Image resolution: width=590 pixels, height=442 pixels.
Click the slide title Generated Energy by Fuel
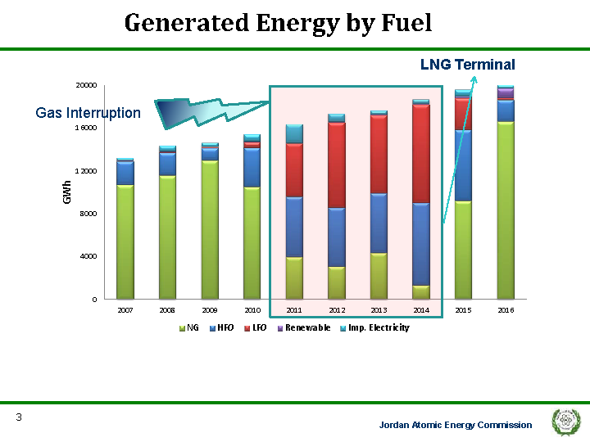(278, 23)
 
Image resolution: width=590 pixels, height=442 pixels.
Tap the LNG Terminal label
(467, 65)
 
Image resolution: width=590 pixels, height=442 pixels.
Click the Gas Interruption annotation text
(88, 113)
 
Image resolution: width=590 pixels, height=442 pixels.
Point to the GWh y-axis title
(67, 192)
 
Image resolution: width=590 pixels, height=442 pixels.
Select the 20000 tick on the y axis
(86, 85)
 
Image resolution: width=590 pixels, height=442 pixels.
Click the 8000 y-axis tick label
(88, 214)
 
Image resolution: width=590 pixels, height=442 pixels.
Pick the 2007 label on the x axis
(125, 310)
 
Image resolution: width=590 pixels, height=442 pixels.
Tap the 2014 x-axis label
(421, 310)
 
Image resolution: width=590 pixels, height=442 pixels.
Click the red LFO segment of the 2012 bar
(336, 165)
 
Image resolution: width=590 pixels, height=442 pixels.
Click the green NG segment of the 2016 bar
(506, 210)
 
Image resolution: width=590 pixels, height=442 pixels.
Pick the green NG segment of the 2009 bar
(210, 229)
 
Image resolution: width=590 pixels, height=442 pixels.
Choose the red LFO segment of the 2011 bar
(294, 170)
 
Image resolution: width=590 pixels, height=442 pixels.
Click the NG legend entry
(189, 327)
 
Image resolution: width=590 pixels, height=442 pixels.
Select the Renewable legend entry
(303, 327)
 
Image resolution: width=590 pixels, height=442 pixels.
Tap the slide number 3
(18, 418)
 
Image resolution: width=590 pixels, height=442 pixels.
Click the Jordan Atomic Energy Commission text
(455, 425)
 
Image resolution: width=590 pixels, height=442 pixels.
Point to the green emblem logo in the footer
(566, 422)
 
